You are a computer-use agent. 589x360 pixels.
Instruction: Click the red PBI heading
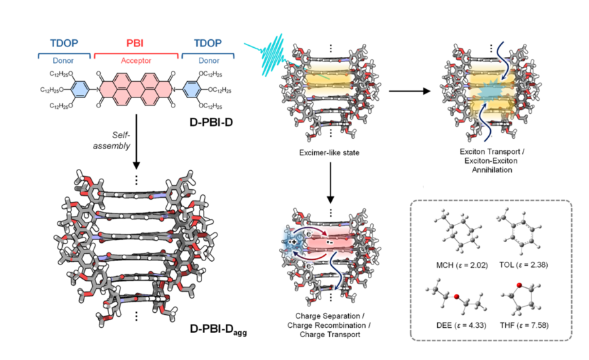(135, 43)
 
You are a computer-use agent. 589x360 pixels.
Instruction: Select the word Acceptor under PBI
(136, 60)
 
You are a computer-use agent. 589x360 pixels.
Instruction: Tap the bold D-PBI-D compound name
(211, 122)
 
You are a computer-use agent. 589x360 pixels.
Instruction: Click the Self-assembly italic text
(111, 140)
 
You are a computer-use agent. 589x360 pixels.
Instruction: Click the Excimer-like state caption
(329, 153)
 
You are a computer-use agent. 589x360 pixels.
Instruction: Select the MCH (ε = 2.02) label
(461, 265)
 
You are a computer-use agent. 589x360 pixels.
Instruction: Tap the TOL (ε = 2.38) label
(524, 265)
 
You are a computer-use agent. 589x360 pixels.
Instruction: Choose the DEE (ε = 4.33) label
(461, 325)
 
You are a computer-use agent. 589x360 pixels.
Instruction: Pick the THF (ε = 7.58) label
(524, 325)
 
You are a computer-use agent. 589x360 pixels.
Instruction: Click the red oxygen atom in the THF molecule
(519, 285)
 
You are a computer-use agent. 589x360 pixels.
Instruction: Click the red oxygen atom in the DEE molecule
(456, 297)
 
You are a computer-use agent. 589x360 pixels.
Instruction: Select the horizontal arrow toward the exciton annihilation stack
(410, 91)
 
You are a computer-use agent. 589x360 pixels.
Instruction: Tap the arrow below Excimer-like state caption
(330, 183)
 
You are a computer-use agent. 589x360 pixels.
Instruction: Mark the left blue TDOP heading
(64, 43)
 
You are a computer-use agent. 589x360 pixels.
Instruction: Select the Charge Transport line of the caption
(330, 334)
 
